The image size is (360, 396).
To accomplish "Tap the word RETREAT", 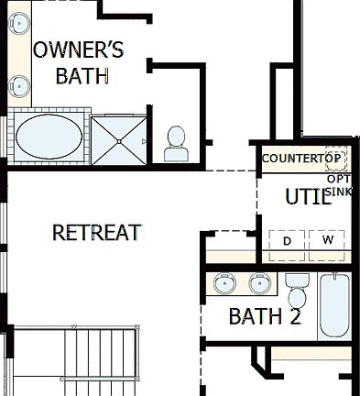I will [96, 233].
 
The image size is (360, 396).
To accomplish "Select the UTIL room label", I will [308, 197].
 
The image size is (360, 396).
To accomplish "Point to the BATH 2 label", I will [265, 317].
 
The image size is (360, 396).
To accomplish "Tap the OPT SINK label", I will [338, 185].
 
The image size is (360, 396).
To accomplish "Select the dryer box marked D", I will [286, 240].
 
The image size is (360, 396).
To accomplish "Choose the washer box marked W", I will [327, 240].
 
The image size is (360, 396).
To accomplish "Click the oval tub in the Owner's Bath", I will [48, 137].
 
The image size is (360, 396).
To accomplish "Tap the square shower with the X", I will [119, 139].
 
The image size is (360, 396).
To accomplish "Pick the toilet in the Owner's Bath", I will [176, 140].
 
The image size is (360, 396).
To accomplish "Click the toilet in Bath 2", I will [296, 292].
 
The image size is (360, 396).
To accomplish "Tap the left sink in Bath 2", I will [223, 284].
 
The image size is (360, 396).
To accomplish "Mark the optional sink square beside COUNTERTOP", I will [335, 159].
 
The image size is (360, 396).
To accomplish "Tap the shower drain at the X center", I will [119, 139].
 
